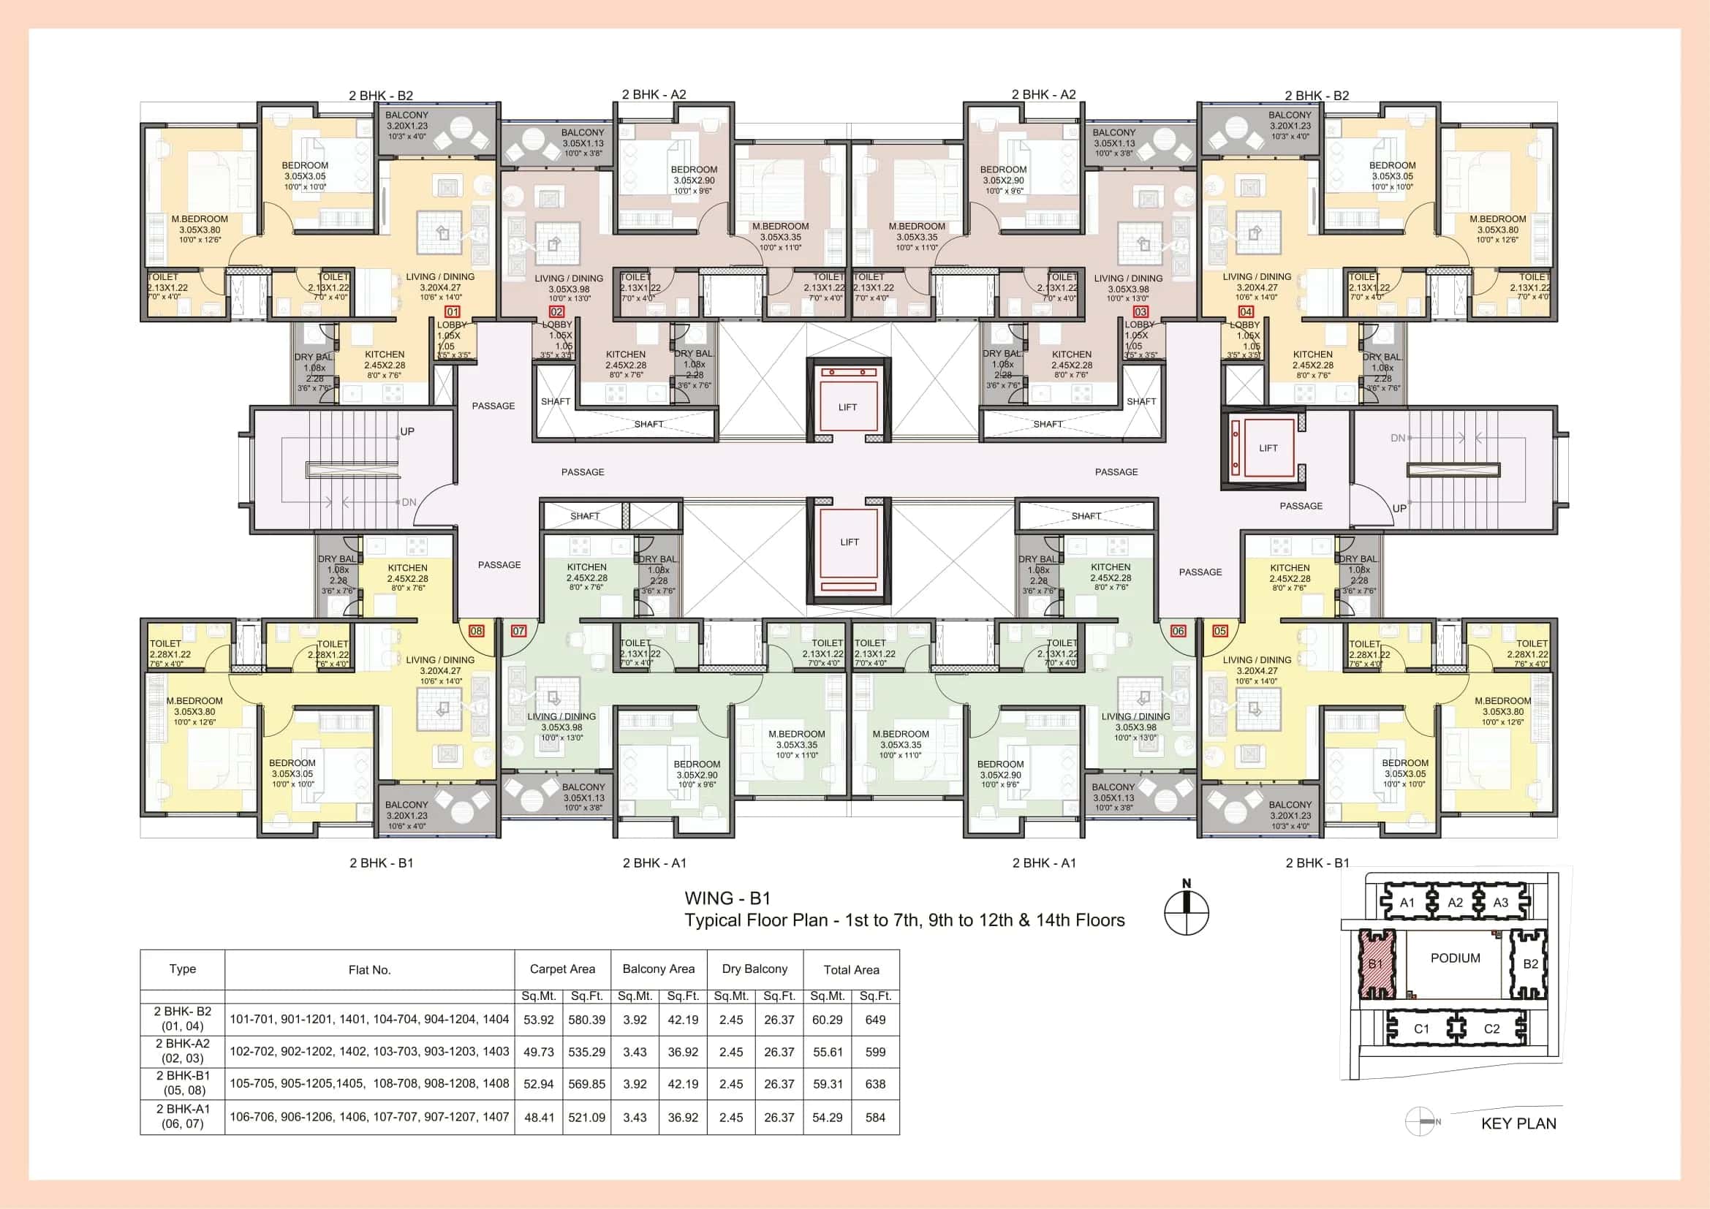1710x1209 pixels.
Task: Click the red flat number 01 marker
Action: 452,312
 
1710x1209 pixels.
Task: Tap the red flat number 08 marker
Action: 477,631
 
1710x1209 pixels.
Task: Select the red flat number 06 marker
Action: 1178,631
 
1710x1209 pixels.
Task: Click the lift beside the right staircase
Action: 1268,448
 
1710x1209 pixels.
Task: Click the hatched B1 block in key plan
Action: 1376,964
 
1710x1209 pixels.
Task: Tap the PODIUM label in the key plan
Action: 1456,958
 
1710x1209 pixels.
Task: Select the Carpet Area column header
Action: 562,969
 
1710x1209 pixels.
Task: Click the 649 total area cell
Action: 875,1020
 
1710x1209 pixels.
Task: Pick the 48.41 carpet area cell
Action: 539,1118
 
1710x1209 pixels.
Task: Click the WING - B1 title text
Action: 727,898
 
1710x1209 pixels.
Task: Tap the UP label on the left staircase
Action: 407,432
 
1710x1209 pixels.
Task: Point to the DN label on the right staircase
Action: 1398,439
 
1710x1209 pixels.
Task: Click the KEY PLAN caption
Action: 1518,1123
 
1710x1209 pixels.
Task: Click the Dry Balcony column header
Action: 754,969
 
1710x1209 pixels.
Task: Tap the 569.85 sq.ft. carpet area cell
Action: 587,1084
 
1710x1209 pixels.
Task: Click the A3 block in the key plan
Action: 1501,902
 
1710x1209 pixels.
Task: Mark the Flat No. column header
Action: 369,969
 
